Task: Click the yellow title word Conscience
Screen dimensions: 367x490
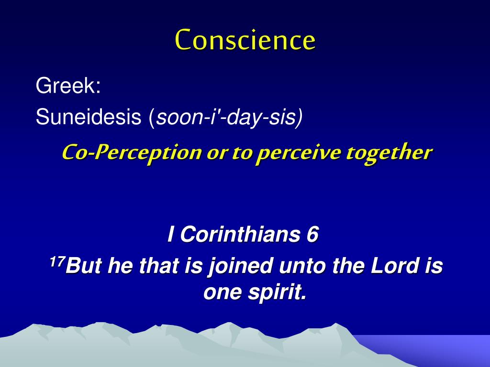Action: coord(245,40)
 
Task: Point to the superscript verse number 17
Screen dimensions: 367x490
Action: coord(56,261)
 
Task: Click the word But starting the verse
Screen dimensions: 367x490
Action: coord(83,266)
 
